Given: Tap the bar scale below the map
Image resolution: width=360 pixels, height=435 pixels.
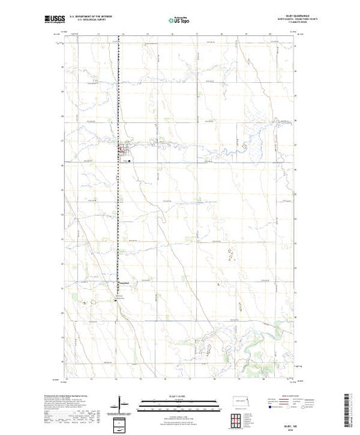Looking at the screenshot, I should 179,403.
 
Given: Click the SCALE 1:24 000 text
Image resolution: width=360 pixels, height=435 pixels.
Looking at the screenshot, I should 179,397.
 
